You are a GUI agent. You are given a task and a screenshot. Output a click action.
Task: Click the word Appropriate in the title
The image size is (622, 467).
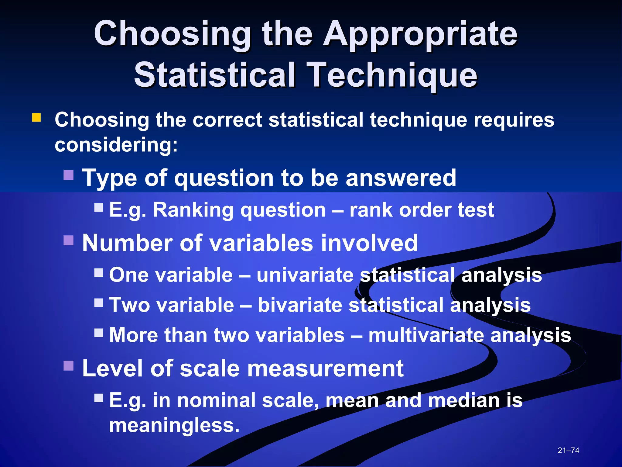click(420, 34)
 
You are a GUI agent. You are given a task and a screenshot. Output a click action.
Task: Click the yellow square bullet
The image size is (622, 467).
click(36, 118)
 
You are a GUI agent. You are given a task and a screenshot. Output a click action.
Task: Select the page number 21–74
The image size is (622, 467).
click(568, 450)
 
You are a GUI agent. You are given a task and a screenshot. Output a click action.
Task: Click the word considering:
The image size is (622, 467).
click(116, 145)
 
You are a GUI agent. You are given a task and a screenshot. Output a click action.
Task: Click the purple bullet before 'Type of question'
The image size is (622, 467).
click(69, 175)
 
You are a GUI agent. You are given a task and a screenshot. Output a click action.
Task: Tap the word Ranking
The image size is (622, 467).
click(193, 210)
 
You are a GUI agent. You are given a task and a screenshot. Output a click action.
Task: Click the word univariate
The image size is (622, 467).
click(305, 275)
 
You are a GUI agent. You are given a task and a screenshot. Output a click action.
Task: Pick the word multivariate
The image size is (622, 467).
click(426, 335)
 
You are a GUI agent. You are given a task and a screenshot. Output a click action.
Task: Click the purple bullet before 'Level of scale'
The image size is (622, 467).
click(69, 366)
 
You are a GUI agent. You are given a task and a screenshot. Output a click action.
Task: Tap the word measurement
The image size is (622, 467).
click(322, 368)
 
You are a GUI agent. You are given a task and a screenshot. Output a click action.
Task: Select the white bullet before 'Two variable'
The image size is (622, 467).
click(99, 303)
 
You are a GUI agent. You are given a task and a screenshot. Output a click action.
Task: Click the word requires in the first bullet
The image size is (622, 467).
click(514, 119)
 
